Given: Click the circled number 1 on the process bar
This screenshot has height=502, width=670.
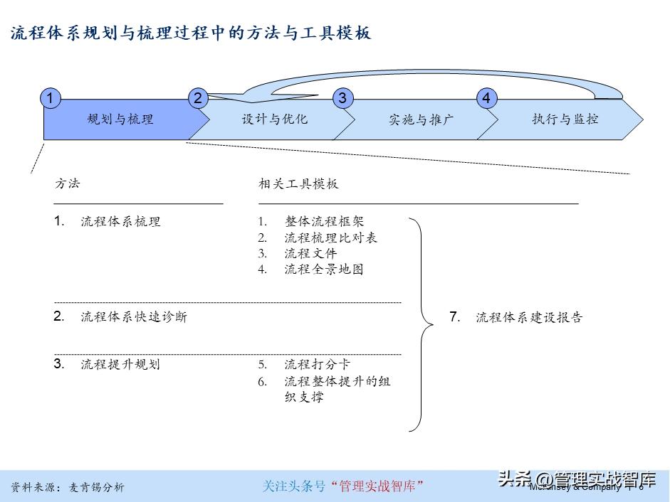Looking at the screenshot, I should [50, 98].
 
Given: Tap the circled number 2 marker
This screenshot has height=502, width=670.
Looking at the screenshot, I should [198, 98].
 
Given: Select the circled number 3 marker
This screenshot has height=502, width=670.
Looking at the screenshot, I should [342, 98].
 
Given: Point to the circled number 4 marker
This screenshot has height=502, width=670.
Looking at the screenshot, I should [486, 98].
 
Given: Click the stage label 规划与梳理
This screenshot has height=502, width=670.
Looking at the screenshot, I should [120, 119].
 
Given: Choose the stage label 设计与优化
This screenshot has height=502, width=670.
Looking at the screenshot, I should [275, 119].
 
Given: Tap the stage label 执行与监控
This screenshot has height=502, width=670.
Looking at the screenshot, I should [565, 119].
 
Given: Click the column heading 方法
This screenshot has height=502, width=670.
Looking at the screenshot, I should [68, 183].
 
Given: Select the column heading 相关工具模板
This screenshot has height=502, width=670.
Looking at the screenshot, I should [298, 183].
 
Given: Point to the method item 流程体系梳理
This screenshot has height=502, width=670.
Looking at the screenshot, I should [120, 221].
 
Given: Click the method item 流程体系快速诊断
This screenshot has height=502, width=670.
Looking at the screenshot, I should [134, 316].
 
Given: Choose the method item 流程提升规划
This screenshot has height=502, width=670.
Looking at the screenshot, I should [120, 364].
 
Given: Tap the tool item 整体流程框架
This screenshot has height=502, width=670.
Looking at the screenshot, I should [324, 222].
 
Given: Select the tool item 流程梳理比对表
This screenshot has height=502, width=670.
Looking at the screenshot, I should [330, 237].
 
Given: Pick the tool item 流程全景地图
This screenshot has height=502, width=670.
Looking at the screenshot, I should [324, 269].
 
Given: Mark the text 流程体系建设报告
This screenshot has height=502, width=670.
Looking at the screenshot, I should [529, 317].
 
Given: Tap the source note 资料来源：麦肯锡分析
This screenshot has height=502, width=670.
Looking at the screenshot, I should [68, 487].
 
